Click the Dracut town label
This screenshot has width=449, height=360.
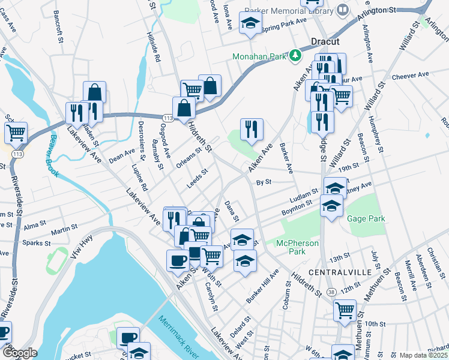tap(325, 42)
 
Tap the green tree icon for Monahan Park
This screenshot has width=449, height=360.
tap(295, 56)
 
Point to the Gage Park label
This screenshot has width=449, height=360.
tap(366, 219)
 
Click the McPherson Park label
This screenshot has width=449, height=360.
tap(295, 247)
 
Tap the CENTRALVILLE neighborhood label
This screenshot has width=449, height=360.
tap(333, 272)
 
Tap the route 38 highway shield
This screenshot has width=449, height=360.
tap(331, 292)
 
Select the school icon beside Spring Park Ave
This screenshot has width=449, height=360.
tap(250, 24)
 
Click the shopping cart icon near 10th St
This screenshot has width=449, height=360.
tap(345, 311)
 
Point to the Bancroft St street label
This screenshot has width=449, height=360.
tap(58, 22)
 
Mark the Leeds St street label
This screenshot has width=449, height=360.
tap(197, 179)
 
